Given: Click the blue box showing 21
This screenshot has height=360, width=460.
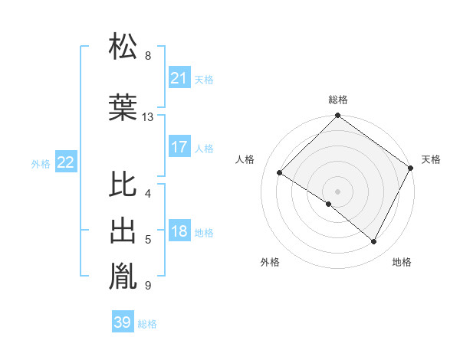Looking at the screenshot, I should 179,78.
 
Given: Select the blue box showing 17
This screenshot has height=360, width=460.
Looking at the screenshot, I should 179,147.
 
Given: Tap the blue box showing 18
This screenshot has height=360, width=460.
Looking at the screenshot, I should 179,232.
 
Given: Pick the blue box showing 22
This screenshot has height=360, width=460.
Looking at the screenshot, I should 66,162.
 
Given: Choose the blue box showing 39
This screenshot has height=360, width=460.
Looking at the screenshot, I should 122,323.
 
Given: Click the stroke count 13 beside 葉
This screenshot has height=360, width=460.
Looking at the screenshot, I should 148,117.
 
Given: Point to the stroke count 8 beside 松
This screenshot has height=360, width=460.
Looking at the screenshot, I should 148,56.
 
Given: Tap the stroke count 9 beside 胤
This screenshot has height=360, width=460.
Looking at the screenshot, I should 148,286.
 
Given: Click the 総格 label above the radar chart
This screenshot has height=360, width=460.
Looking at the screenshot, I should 338,100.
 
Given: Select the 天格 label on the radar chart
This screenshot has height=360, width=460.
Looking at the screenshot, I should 431,159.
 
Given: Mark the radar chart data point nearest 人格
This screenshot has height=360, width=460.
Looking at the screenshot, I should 280,173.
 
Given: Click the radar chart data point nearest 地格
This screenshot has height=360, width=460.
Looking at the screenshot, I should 374,242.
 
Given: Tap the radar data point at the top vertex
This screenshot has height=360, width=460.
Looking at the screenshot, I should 338,116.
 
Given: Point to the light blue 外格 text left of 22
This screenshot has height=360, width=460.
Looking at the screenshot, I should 41,163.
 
